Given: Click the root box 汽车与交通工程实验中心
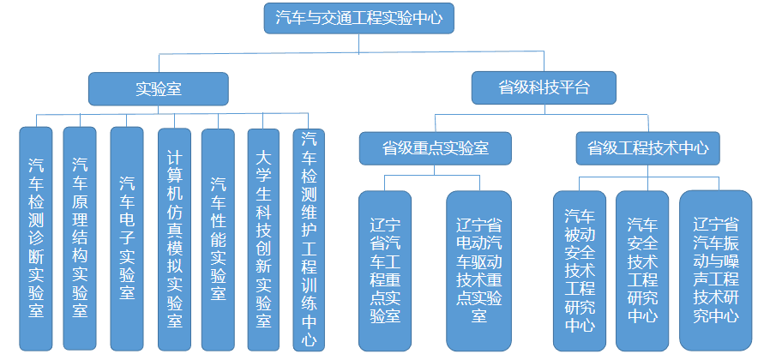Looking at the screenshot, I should point(358,18).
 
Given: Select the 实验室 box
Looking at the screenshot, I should point(159,87).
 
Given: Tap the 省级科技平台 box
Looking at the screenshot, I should point(544,86).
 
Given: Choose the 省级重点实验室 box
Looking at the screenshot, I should point(436,147).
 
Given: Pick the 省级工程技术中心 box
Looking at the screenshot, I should point(647,147).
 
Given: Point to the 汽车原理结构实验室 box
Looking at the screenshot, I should point(80,237).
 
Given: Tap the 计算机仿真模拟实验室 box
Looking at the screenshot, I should point(175,237).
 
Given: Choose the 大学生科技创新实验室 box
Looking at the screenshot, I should point(264,237).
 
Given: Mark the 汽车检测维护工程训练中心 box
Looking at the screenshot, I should point(309,237).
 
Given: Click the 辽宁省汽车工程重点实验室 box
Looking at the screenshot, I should point(386,268).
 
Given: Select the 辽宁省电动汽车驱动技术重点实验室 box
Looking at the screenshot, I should point(478,268).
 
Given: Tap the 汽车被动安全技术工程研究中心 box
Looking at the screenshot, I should point(580,268).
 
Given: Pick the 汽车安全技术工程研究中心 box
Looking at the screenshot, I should point(642,268).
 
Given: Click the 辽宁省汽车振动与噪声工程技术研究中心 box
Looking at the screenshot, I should point(715,268).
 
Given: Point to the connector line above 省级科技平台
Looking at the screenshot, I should point(544,62).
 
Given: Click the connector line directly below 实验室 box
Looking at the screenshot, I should point(159,109).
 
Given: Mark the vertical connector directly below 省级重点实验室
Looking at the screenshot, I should point(436,169).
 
